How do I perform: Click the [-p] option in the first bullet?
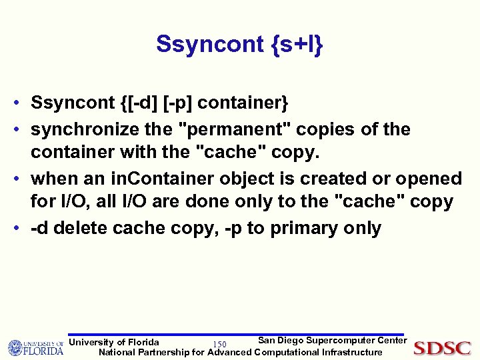[x=176, y=104]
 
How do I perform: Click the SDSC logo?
[x=442, y=348]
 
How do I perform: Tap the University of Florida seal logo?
[x=15, y=348]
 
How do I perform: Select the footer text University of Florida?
[x=114, y=343]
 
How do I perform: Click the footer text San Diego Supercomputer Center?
[x=332, y=341]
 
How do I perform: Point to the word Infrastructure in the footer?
[x=352, y=353]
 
